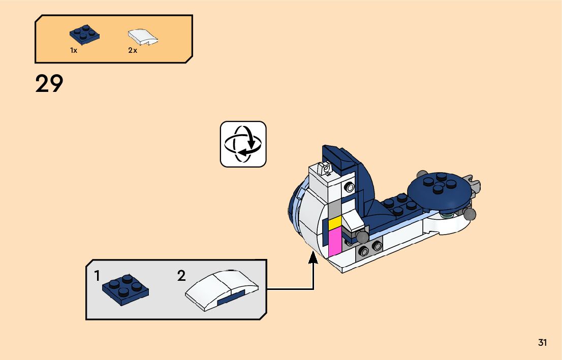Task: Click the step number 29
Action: [49, 84]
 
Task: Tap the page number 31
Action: [542, 343]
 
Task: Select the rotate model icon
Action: [243, 144]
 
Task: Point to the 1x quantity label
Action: [74, 51]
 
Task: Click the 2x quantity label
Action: [133, 51]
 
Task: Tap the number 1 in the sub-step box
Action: [97, 276]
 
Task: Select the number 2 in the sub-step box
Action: [181, 276]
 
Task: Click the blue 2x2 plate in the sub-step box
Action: [126, 290]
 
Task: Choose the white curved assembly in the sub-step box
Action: [222, 290]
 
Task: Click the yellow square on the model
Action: [334, 223]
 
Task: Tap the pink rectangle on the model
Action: [335, 242]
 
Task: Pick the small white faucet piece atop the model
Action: [323, 168]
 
